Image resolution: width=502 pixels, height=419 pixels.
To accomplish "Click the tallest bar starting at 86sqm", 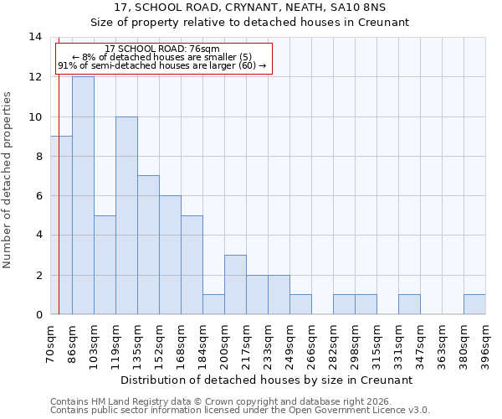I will (83, 195).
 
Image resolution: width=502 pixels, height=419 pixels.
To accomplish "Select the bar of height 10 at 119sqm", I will (126, 215).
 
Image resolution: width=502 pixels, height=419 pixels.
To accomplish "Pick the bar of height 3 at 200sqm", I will (235, 285).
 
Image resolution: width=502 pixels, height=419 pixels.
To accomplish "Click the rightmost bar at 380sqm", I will (474, 304).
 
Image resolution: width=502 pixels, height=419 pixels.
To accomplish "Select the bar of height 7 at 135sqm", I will (148, 245).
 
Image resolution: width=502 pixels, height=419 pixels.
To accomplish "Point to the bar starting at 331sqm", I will (409, 304).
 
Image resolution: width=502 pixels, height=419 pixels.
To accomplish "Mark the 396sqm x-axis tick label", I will (486, 344).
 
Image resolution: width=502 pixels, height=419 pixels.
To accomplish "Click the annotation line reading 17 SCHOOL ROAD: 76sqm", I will (163, 49).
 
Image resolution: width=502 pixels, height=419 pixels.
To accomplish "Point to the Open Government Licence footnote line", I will (240, 410).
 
